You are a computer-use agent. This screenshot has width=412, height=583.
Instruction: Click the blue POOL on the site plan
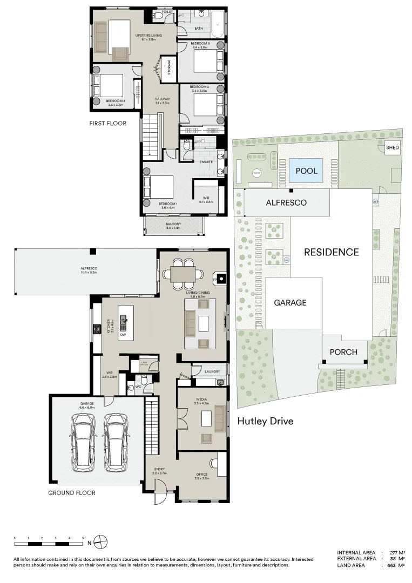point(306,171)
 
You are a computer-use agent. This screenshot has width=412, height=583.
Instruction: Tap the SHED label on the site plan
point(393,147)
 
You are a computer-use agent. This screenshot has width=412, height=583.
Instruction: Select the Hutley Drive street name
point(265,421)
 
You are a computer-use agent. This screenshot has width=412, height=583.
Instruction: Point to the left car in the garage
point(83,440)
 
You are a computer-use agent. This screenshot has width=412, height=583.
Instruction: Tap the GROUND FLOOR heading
point(72,493)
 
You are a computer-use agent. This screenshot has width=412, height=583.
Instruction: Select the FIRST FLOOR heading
point(107,124)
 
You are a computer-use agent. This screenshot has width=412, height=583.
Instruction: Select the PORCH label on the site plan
point(343,352)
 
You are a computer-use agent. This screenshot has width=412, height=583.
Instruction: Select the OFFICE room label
point(201,475)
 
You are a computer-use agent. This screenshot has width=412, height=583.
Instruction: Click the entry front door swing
point(161,494)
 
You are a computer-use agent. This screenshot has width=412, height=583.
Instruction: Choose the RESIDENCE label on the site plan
point(331,252)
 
